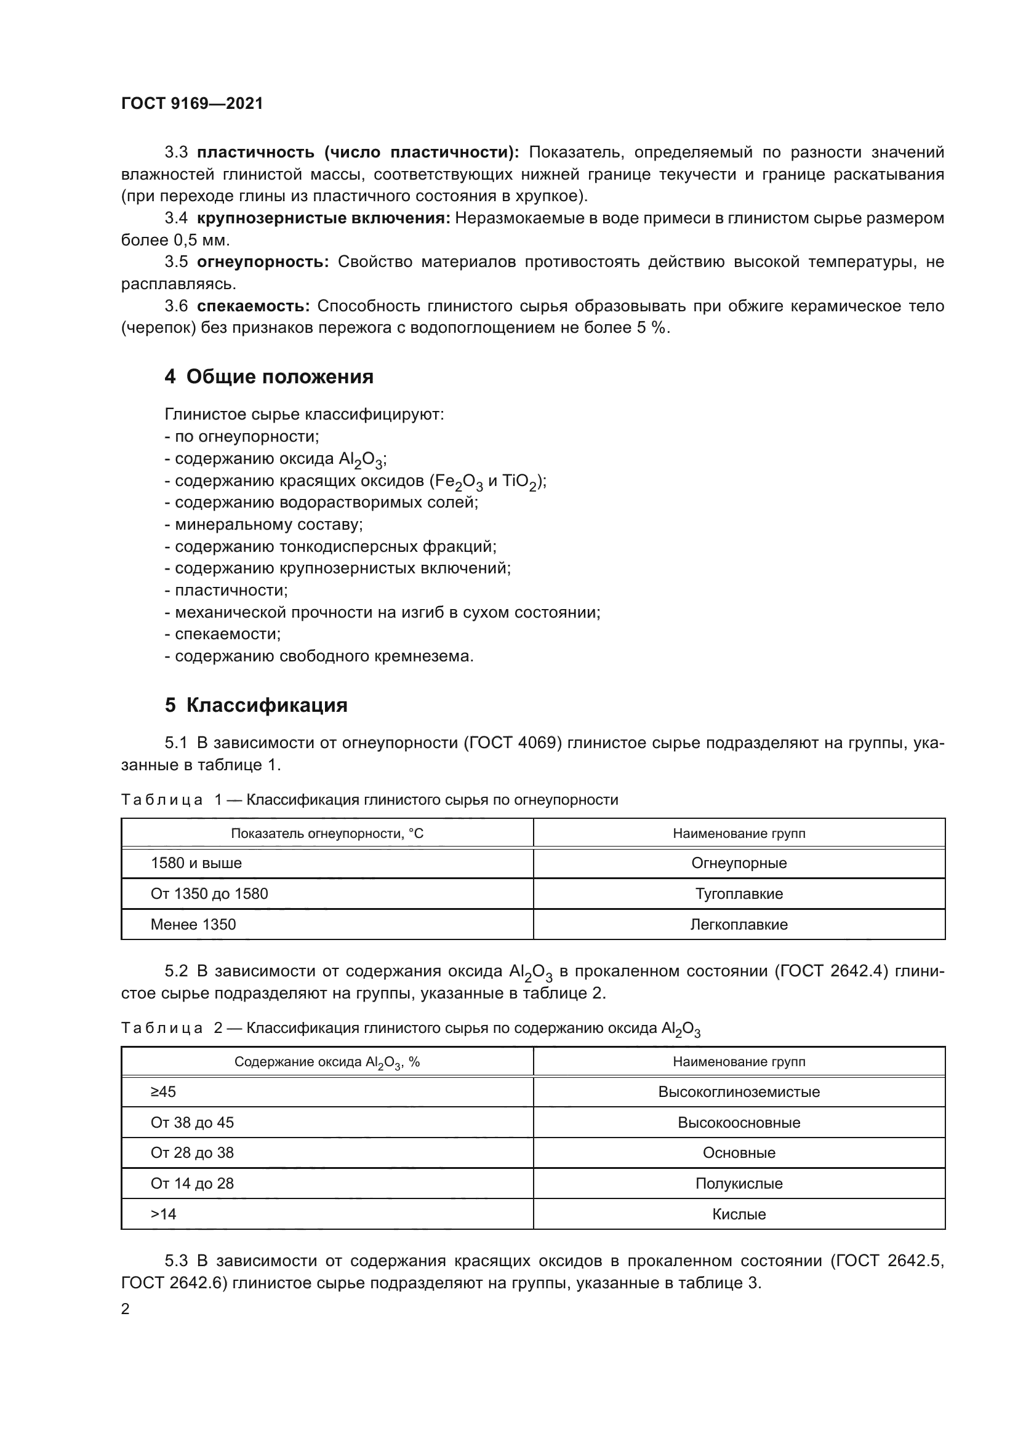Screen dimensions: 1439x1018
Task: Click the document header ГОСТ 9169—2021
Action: click(x=192, y=103)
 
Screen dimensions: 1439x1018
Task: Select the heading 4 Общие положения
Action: click(x=269, y=377)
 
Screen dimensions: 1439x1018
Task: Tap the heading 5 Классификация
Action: click(x=256, y=705)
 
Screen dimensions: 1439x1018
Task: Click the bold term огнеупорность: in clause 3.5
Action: click(x=263, y=262)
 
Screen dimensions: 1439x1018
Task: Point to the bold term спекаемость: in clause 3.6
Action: click(x=253, y=306)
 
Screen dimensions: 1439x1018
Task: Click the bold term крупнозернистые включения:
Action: click(x=324, y=218)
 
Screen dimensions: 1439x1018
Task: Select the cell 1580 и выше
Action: click(x=196, y=863)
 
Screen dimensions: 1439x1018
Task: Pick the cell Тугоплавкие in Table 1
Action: click(x=739, y=894)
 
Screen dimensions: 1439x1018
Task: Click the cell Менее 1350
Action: click(x=193, y=925)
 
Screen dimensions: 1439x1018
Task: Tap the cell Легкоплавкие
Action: click(x=739, y=925)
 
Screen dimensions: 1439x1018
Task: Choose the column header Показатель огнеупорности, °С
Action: click(x=327, y=833)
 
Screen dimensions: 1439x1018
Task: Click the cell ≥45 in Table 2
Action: click(x=164, y=1092)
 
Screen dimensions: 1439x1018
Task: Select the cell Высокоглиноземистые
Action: click(x=739, y=1092)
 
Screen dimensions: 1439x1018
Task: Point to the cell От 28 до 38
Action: click(x=192, y=1152)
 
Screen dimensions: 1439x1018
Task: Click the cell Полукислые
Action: click(x=739, y=1183)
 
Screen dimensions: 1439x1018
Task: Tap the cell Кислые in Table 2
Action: click(x=739, y=1214)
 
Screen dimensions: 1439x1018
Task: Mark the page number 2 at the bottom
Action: click(x=126, y=1309)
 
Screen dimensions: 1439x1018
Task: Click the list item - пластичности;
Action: click(x=226, y=591)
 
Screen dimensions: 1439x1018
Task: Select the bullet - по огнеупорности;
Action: click(x=242, y=436)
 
